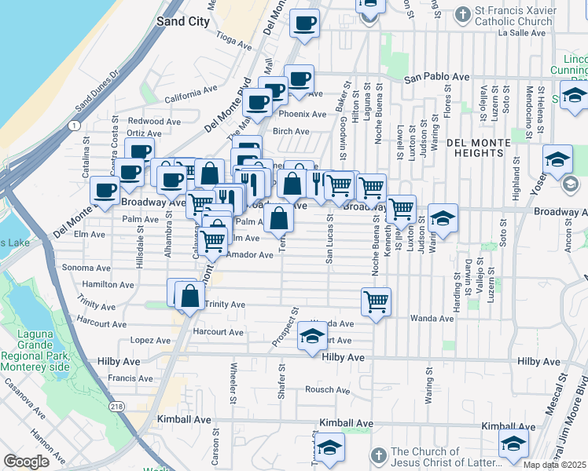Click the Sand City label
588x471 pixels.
click(183, 21)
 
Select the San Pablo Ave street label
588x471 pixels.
click(436, 77)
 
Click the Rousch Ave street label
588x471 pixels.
click(326, 389)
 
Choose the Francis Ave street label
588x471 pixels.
click(126, 378)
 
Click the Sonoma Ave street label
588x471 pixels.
click(86, 268)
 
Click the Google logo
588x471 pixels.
click(26, 462)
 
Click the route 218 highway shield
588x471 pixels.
click(117, 406)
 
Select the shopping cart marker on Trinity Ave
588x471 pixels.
click(377, 301)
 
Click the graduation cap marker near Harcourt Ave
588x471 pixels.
click(312, 338)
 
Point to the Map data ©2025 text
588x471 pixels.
click(553, 465)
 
